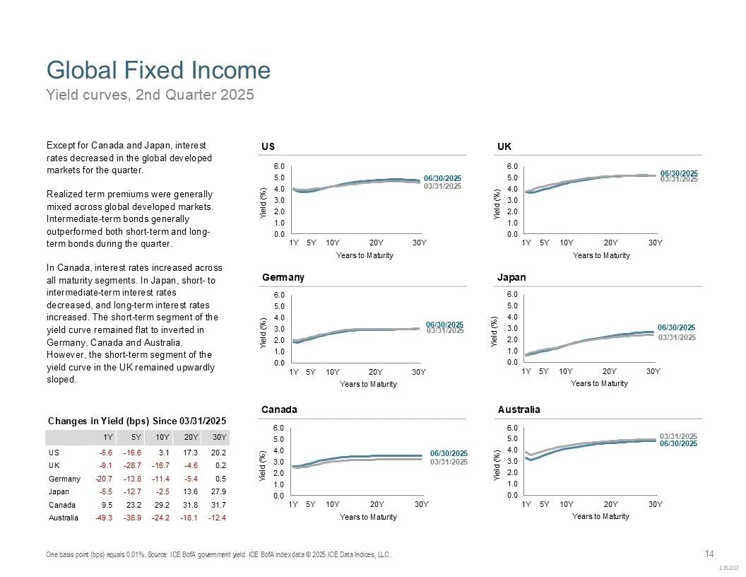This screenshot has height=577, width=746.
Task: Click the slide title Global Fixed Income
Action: point(158,71)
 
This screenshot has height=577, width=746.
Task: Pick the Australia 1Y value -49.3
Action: point(104,519)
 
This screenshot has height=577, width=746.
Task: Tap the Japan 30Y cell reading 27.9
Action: point(219,491)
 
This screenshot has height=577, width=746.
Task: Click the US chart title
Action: point(268,146)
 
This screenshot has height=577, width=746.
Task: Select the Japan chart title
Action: point(511,277)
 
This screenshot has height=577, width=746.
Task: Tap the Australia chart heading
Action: point(519,409)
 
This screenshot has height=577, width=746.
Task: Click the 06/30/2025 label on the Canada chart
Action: point(449,453)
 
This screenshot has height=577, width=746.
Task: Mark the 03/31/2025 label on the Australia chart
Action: point(677,436)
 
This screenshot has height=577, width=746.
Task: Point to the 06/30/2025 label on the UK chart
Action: point(679,173)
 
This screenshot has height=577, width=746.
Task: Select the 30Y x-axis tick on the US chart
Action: point(420,243)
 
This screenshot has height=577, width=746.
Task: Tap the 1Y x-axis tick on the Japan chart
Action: point(526,371)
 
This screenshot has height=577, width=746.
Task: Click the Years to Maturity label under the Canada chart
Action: point(368,517)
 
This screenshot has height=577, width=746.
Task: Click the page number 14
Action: point(709,554)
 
